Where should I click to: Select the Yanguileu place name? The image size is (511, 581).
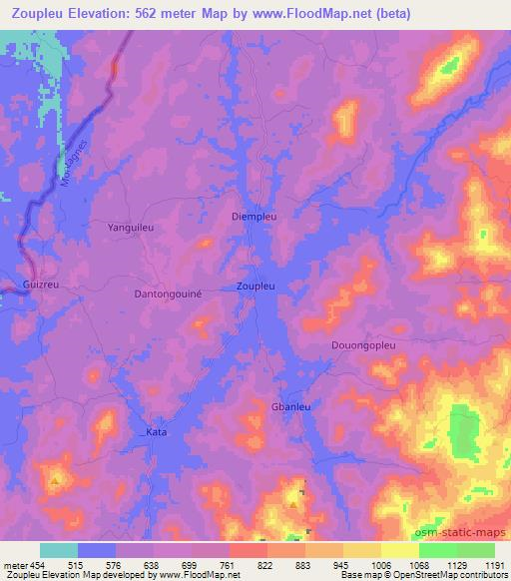pyautogui.click(x=131, y=228)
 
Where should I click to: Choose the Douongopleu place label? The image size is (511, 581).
pyautogui.click(x=365, y=345)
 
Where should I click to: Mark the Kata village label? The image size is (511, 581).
pyautogui.click(x=156, y=432)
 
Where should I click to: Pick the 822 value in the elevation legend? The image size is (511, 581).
pyautogui.click(x=263, y=564)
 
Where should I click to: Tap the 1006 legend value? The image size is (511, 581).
pyautogui.click(x=377, y=564)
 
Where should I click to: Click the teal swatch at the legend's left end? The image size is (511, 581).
pyautogui.click(x=59, y=550)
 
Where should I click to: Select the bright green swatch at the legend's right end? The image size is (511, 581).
pyautogui.click(x=475, y=550)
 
